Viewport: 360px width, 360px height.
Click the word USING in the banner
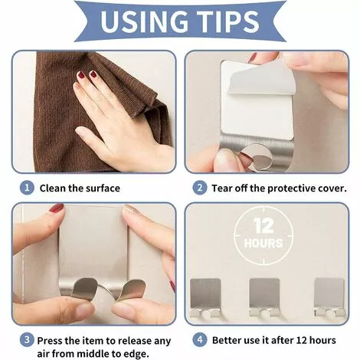(x=144, y=21)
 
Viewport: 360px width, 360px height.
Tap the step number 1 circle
(x=27, y=188)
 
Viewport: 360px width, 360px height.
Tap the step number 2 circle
(x=200, y=188)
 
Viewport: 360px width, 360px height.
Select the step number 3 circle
(x=27, y=340)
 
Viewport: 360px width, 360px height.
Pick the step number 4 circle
(x=200, y=340)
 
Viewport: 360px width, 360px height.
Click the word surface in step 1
(x=103, y=188)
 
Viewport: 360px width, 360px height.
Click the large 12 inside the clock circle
(x=263, y=225)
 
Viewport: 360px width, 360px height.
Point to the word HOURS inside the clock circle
(x=263, y=243)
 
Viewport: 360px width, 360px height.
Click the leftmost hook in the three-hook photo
(x=205, y=298)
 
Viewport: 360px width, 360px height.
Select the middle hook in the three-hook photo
(x=264, y=298)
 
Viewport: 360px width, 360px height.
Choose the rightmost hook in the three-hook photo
(x=329, y=298)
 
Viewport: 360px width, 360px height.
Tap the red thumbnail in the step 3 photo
(x=57, y=208)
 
